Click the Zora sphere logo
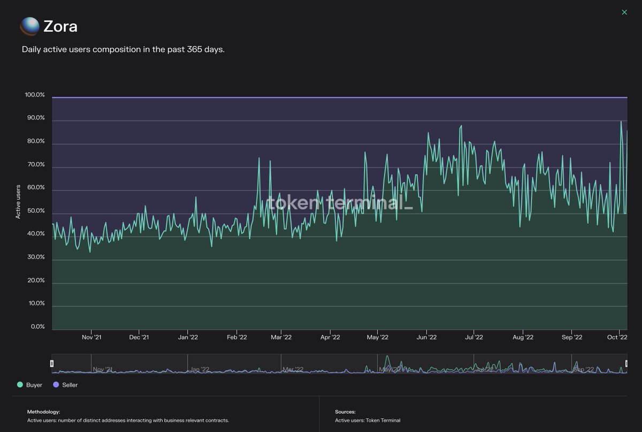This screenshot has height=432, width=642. (x=29, y=26)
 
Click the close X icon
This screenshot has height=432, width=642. (x=624, y=12)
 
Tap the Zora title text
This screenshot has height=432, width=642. (x=60, y=26)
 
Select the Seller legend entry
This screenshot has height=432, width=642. (x=66, y=385)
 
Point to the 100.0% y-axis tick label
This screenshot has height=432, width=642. (x=35, y=95)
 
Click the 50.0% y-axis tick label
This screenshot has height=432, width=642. (x=35, y=211)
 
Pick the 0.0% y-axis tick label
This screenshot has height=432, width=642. (x=37, y=327)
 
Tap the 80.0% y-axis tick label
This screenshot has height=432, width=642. (x=35, y=142)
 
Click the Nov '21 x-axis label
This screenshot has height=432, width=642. (x=91, y=337)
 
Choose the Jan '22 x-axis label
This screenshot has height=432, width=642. (x=188, y=337)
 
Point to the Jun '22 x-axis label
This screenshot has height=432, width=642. (x=426, y=337)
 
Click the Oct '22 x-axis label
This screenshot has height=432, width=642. (x=617, y=337)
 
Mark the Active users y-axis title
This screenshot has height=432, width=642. (x=18, y=202)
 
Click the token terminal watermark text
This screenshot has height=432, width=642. (x=340, y=203)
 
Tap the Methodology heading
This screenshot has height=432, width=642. (x=43, y=412)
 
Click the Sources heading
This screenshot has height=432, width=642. (x=345, y=412)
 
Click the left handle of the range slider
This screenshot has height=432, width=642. (x=52, y=363)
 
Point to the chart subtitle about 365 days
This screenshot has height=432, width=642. (x=123, y=49)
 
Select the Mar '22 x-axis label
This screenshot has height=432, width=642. (x=281, y=337)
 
